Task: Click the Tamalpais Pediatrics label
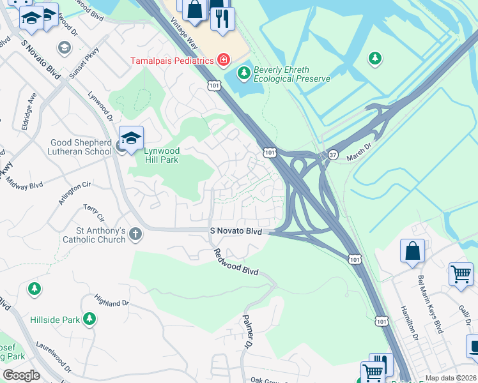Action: [x=171, y=61]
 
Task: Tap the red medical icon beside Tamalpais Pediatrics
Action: [x=223, y=61]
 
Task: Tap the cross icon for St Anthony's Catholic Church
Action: [x=135, y=234]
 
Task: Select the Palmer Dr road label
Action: [x=249, y=331]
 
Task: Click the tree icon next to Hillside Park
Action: [x=89, y=319]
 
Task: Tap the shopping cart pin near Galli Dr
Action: [x=460, y=274]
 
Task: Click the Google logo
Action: [x=21, y=375]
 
